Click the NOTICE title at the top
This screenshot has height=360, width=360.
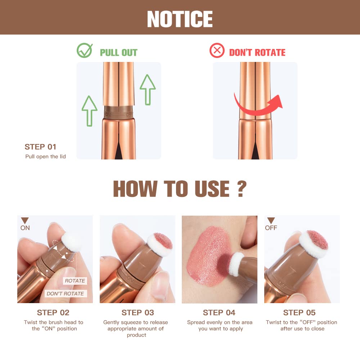click(180, 18)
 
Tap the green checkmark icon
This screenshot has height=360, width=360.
click(85, 51)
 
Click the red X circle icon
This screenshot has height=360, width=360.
click(217, 51)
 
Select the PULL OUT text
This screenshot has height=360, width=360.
click(118, 53)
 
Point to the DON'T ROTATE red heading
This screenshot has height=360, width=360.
click(257, 53)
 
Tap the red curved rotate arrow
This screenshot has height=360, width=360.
click(259, 103)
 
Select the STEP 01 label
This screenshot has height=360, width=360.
click(41, 147)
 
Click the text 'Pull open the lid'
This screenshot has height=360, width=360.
click(45, 157)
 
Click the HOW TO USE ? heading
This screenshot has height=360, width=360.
click(180, 188)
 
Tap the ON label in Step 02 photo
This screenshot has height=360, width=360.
click(25, 228)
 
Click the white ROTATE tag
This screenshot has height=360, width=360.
click(75, 281)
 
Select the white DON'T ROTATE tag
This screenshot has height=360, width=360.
click(65, 294)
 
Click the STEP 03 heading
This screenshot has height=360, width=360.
click(138, 312)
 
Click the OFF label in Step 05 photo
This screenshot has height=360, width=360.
click(271, 228)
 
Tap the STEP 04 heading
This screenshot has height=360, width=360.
click(219, 312)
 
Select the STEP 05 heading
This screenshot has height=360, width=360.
click(299, 312)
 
